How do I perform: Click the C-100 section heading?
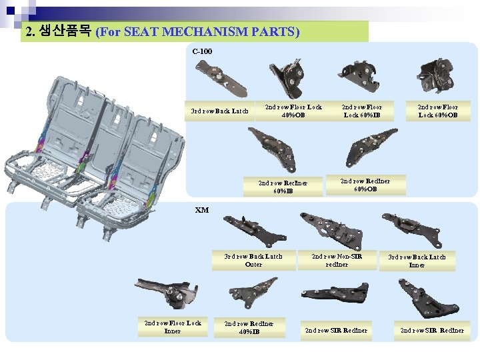click(x=202, y=51)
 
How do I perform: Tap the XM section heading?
click(x=202, y=210)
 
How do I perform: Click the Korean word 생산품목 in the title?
click(x=65, y=31)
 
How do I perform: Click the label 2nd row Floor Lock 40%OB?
click(x=293, y=111)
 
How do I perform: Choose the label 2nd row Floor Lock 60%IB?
click(x=362, y=111)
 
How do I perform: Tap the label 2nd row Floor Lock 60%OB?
click(x=438, y=111)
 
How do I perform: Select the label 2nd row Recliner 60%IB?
click(x=283, y=187)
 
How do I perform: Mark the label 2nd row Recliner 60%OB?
click(x=365, y=185)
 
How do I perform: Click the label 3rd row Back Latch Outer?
click(x=253, y=260)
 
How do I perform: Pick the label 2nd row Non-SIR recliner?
click(x=337, y=260)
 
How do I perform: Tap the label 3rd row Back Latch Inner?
click(x=417, y=261)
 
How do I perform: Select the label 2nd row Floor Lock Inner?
click(x=173, y=327)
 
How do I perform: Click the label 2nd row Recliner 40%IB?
click(x=249, y=327)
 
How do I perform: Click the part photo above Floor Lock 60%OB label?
click(x=435, y=76)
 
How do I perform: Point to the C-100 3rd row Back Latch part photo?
click(x=221, y=79)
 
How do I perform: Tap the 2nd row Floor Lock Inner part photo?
click(x=167, y=293)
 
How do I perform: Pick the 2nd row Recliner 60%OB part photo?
click(x=371, y=147)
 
